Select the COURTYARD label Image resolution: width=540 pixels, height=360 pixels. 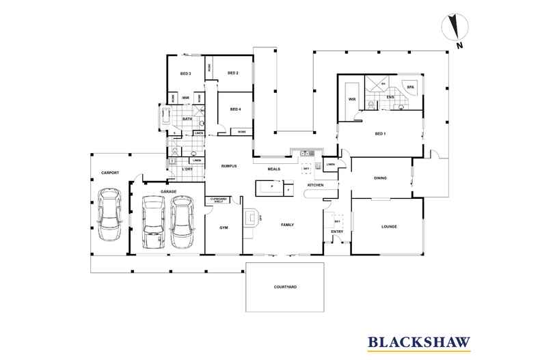tap(285, 288)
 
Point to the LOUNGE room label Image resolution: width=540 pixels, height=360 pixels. tap(386, 226)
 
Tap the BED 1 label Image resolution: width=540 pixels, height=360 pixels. tap(380, 133)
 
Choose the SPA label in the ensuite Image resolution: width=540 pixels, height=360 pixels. tap(411, 87)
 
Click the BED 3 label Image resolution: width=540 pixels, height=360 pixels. tap(185, 73)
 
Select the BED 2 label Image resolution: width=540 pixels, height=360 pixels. tap(232, 73)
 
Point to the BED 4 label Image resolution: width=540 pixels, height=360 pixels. tap(235, 109)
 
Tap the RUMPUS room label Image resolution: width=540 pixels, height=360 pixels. tap(228, 166)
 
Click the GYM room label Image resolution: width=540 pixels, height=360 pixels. tap(223, 226)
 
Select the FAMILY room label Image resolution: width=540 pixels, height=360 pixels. tap(287, 223)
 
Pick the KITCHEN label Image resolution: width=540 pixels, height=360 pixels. tap(314, 185)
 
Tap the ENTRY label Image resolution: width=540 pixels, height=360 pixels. tap(337, 232)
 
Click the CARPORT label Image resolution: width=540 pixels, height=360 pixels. tap(110, 173)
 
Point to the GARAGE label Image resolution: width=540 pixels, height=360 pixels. tap(169, 192)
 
